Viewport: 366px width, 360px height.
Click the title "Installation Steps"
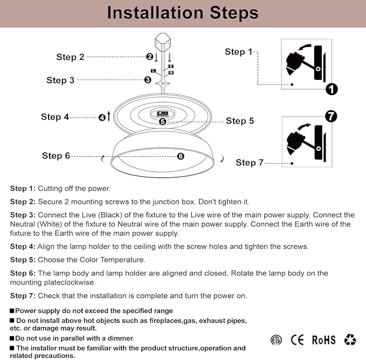click(183, 12)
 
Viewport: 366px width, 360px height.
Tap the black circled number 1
click(332, 89)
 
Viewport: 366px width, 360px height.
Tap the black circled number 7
click(331, 116)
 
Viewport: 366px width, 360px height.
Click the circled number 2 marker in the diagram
click(150, 57)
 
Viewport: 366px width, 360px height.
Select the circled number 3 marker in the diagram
click(148, 80)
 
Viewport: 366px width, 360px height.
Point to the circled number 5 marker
click(162, 121)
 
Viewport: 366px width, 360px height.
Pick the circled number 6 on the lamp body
click(181, 156)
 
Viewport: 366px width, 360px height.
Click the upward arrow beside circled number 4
click(108, 116)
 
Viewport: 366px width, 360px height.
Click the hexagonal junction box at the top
click(163, 41)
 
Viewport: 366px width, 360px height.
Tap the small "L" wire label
click(153, 71)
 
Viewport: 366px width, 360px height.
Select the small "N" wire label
click(171, 73)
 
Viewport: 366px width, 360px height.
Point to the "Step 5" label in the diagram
click(240, 121)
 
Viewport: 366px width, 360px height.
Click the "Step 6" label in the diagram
click(56, 156)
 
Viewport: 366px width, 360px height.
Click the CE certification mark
click(297, 340)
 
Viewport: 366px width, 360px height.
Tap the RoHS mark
click(324, 340)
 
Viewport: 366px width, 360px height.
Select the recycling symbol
click(350, 340)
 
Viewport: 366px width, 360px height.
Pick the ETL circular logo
click(276, 340)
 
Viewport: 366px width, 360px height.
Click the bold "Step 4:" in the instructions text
click(23, 247)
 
